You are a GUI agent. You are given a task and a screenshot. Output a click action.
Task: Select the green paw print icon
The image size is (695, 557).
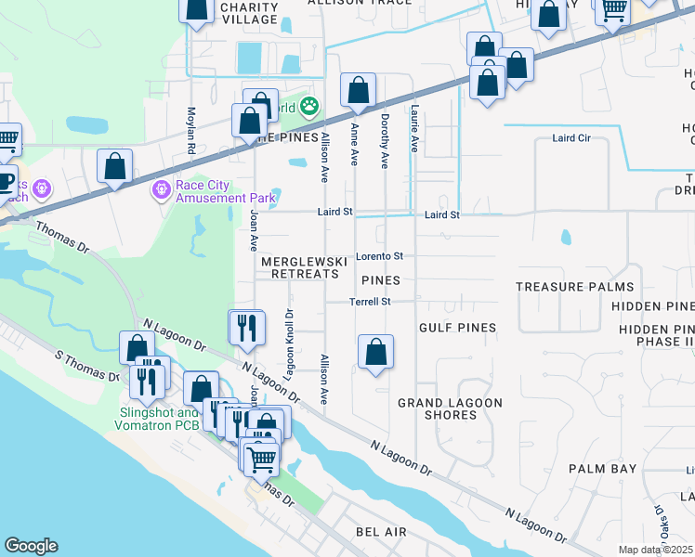(308, 108)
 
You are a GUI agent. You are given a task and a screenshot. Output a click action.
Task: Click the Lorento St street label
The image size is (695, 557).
(380, 256)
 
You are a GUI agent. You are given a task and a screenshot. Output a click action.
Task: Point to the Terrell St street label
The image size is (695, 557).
(370, 302)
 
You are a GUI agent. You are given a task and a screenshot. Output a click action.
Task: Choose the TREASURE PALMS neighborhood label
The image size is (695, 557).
(574, 288)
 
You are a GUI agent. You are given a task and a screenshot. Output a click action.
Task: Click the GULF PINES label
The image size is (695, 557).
(457, 328)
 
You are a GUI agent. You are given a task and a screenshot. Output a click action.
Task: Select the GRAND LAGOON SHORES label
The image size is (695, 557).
(450, 408)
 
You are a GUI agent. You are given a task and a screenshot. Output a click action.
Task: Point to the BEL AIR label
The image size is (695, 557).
(381, 531)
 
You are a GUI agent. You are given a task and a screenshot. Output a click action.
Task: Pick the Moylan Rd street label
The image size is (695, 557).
(191, 129)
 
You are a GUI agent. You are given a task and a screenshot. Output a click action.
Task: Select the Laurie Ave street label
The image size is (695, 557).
(414, 129)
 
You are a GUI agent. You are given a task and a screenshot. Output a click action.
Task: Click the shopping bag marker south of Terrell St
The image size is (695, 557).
(375, 353)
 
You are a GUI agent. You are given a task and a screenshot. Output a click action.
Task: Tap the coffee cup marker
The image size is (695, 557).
(5, 180)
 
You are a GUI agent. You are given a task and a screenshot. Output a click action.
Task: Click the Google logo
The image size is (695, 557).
(31, 546)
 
